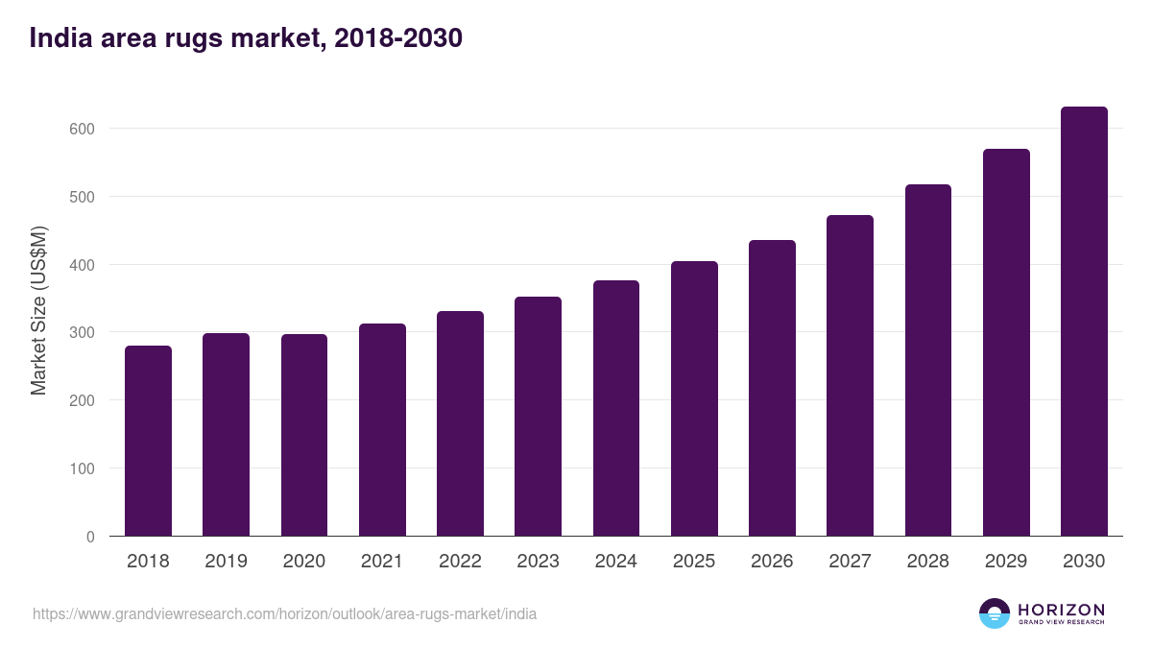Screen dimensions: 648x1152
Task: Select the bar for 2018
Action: point(148,441)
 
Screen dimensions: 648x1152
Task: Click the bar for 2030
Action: point(1084,322)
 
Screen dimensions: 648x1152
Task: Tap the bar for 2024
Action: point(616,408)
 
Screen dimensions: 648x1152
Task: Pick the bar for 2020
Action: point(304,435)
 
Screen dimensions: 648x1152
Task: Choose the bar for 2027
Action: point(850,375)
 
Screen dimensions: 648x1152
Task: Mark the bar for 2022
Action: point(460,423)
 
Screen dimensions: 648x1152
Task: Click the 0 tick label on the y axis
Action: point(90,537)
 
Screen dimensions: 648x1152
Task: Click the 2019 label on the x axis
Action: point(226,562)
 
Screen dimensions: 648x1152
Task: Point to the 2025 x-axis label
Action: point(694,562)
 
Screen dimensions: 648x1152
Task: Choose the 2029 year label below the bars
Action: point(1006,562)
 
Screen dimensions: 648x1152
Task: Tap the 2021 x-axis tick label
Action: point(382,562)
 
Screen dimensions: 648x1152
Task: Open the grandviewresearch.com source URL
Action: point(285,613)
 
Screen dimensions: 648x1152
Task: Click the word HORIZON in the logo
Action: point(1061,610)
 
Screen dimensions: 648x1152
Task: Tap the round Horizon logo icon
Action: point(995,613)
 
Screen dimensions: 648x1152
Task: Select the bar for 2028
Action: point(928,360)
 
